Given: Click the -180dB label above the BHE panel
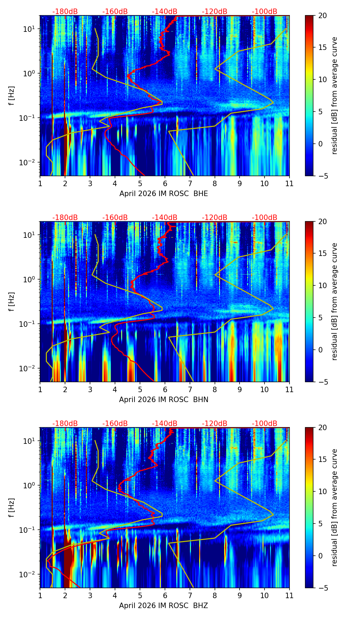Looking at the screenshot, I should point(65,12).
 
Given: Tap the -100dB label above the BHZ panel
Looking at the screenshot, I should point(265,424).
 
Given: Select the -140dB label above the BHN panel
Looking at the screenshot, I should point(165,218).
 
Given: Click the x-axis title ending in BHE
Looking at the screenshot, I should point(164,194).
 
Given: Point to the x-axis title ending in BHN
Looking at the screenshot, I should point(164,400).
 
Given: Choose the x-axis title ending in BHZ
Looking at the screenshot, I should point(164,606).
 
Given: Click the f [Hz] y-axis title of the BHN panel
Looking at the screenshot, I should point(12,301).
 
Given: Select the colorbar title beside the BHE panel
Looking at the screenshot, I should point(335,95).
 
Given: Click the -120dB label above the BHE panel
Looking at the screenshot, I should point(215,12).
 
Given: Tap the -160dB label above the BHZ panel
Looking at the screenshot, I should point(115,424).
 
